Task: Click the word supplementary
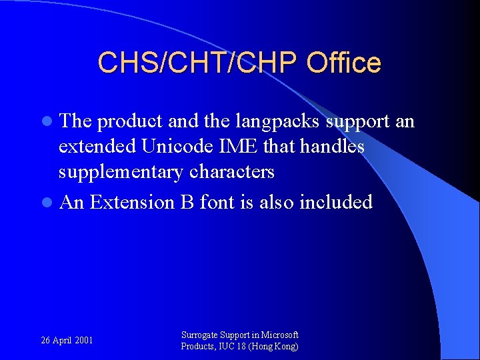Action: (121, 172)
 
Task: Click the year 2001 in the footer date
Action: (84, 341)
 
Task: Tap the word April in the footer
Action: (63, 341)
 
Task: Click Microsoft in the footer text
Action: (280, 335)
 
